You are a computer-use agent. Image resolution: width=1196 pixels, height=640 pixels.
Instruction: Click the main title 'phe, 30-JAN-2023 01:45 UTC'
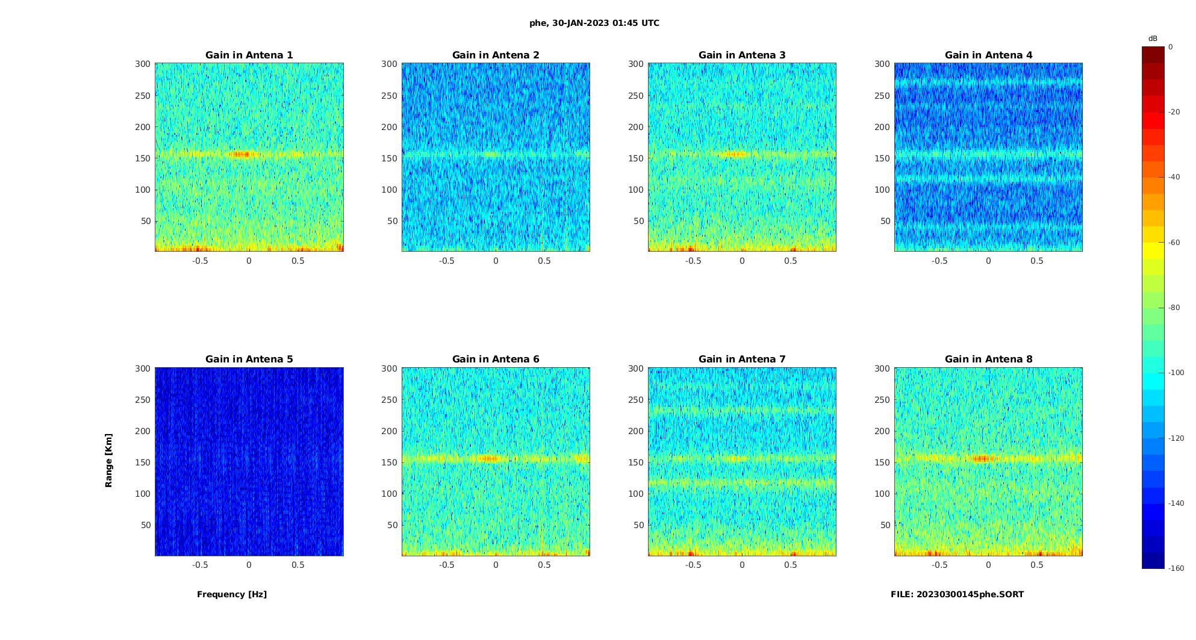594,23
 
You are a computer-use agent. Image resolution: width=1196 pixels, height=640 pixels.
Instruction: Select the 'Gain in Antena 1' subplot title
249,55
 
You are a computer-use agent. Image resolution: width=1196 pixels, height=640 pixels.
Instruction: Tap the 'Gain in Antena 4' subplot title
988,55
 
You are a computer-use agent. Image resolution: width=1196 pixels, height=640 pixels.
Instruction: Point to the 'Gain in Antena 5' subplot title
249,359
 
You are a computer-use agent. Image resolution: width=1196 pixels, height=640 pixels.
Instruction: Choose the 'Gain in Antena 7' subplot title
742,359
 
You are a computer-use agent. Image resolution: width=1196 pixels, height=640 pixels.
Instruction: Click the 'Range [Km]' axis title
108,460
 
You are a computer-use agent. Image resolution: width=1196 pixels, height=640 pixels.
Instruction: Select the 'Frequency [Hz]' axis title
232,594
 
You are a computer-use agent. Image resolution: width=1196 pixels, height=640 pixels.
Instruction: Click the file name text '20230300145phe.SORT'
970,594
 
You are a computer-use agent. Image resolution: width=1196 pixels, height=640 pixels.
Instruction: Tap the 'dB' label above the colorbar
1153,39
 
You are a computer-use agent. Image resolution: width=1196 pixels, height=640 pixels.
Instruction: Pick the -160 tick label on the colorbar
1176,568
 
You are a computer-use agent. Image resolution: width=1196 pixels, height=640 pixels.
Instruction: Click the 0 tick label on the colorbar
1171,47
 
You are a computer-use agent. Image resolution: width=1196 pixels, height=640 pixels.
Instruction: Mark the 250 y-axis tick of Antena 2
390,96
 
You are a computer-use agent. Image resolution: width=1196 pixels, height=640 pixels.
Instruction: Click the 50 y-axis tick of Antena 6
392,525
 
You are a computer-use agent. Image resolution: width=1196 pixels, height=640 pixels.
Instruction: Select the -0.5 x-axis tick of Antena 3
693,261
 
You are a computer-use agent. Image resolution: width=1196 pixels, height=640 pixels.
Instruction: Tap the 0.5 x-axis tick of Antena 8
1037,565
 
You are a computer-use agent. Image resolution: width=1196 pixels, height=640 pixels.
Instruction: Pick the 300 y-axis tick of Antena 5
143,368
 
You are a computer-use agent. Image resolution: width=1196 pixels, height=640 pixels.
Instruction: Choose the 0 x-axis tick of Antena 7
742,565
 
